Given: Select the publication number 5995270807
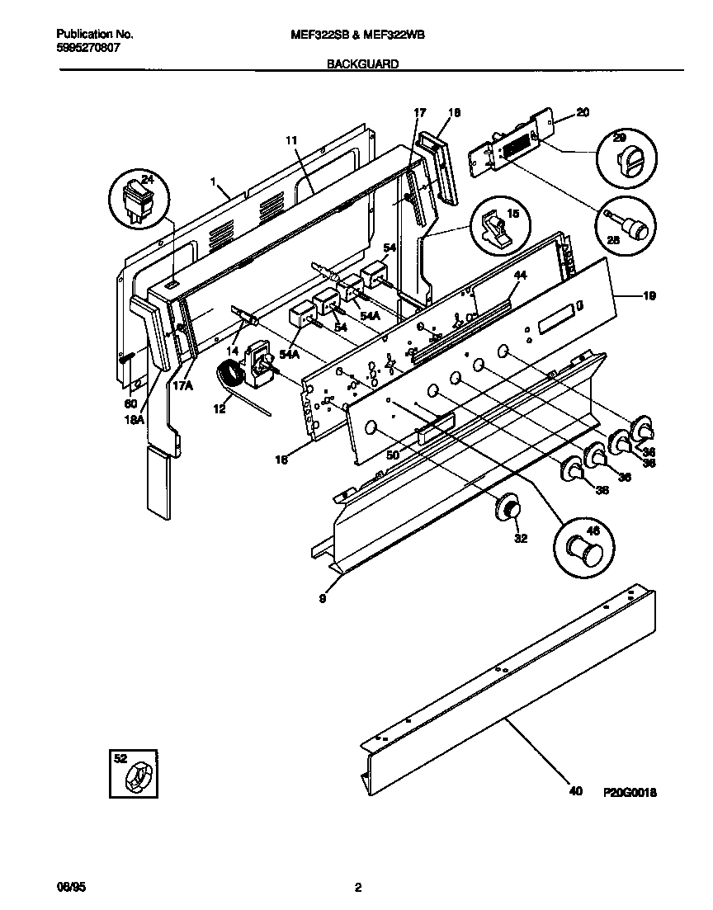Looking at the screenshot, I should point(89,48).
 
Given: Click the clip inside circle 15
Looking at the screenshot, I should point(499,227).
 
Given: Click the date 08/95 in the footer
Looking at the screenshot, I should point(69,888).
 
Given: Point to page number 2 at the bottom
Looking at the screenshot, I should point(357,888).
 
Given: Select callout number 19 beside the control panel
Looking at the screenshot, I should point(649,295).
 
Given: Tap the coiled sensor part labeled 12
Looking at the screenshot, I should point(231,379).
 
